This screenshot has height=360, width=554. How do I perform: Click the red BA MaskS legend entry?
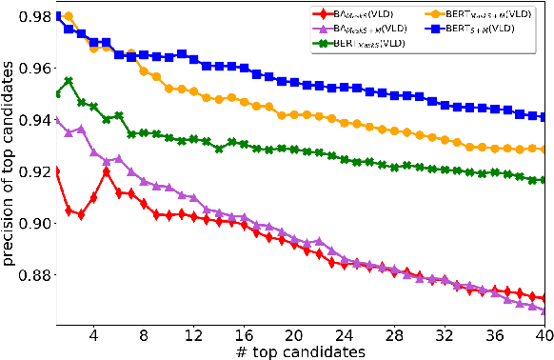[343, 14]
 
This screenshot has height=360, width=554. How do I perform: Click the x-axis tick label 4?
[93, 336]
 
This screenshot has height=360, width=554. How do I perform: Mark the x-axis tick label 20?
[293, 336]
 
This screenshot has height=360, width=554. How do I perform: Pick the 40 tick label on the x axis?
[543, 336]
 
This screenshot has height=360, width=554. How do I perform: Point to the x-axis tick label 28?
[393, 336]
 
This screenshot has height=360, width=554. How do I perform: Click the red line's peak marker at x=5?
[107, 171]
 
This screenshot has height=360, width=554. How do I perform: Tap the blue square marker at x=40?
[544, 116]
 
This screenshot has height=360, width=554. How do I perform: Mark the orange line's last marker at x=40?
[544, 150]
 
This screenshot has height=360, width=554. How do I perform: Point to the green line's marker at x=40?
[544, 180]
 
